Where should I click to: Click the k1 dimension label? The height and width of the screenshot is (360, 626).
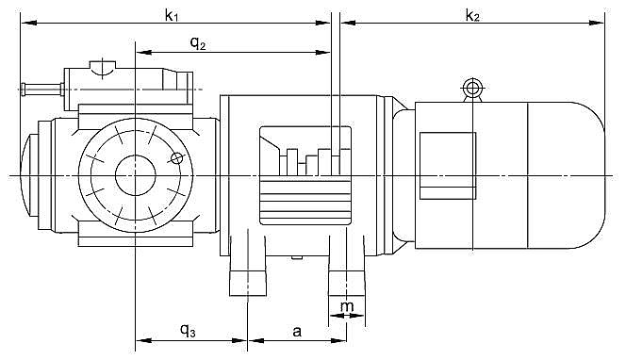click(x=172, y=15)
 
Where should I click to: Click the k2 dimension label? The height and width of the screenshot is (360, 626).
click(x=472, y=15)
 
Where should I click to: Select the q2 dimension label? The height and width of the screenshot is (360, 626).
click(x=198, y=42)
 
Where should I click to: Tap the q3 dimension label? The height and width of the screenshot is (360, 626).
click(x=188, y=330)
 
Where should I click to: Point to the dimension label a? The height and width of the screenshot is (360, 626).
click(x=297, y=331)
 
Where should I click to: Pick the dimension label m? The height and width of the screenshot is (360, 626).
click(x=347, y=306)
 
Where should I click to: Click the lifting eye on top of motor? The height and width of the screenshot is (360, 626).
click(x=472, y=89)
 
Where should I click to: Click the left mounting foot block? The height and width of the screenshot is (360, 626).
click(x=248, y=284)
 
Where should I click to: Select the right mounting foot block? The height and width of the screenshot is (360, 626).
click(x=347, y=284)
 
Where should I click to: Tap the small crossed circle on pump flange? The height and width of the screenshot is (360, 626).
click(x=176, y=158)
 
